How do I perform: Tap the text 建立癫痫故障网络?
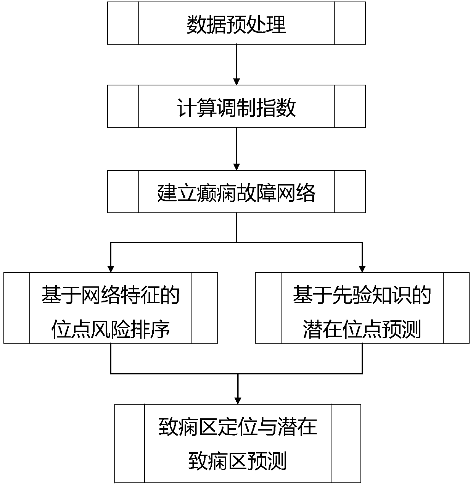pos(236,192)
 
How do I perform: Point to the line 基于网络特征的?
pos(111,295)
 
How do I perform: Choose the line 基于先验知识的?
pos(362,295)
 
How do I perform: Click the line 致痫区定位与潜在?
pos(238,426)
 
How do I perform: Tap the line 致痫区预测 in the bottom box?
pos(238,461)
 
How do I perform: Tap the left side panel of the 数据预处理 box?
pos(123,23)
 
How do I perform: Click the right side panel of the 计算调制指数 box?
pos(350,106)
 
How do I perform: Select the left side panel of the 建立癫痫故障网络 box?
pos(123,191)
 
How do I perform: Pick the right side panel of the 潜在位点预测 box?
pos(456,308)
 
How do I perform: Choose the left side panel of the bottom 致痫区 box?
pos(130,444)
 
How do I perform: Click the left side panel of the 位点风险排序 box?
pos(17,308)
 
